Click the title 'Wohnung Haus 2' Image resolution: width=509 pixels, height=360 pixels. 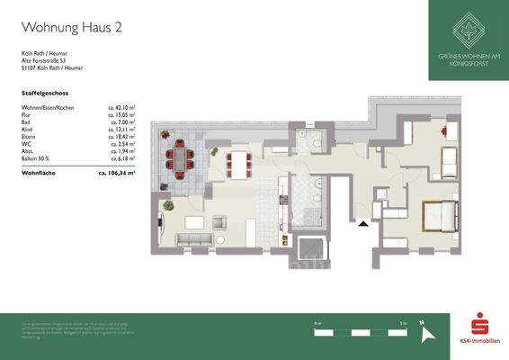[x=71, y=27]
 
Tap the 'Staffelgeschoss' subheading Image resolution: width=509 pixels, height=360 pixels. [x=45, y=93]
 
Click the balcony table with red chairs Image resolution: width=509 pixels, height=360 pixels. [x=183, y=158]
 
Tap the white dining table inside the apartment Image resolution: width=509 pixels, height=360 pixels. [x=239, y=162]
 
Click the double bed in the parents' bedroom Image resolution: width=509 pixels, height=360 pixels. [x=440, y=216]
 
